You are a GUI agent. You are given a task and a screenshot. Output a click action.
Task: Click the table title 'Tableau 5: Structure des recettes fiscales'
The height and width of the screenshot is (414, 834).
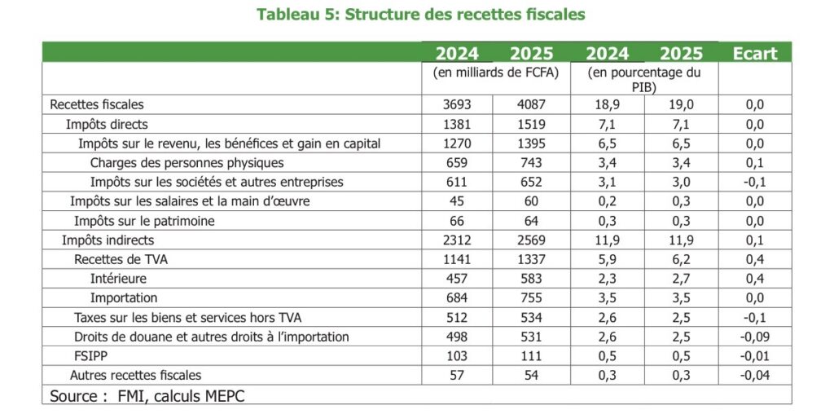[x=420, y=14]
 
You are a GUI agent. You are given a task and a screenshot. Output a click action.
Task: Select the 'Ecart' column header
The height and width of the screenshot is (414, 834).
[x=754, y=54]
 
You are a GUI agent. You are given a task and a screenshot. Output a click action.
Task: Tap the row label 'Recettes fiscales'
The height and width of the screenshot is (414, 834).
[x=97, y=104]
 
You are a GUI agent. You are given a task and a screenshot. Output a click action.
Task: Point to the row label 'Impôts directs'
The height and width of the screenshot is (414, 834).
[x=107, y=125]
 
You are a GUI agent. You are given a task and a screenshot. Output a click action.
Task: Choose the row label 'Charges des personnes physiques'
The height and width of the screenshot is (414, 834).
[x=187, y=163]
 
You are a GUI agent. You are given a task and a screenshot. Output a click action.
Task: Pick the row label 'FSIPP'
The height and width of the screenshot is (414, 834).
[x=90, y=356]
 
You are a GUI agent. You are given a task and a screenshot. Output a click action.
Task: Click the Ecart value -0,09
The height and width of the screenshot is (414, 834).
[x=754, y=337]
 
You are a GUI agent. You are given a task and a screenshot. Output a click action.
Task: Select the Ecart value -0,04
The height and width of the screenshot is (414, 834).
[x=754, y=375]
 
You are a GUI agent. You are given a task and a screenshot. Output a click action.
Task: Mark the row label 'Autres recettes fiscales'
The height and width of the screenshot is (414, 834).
[x=135, y=375]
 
